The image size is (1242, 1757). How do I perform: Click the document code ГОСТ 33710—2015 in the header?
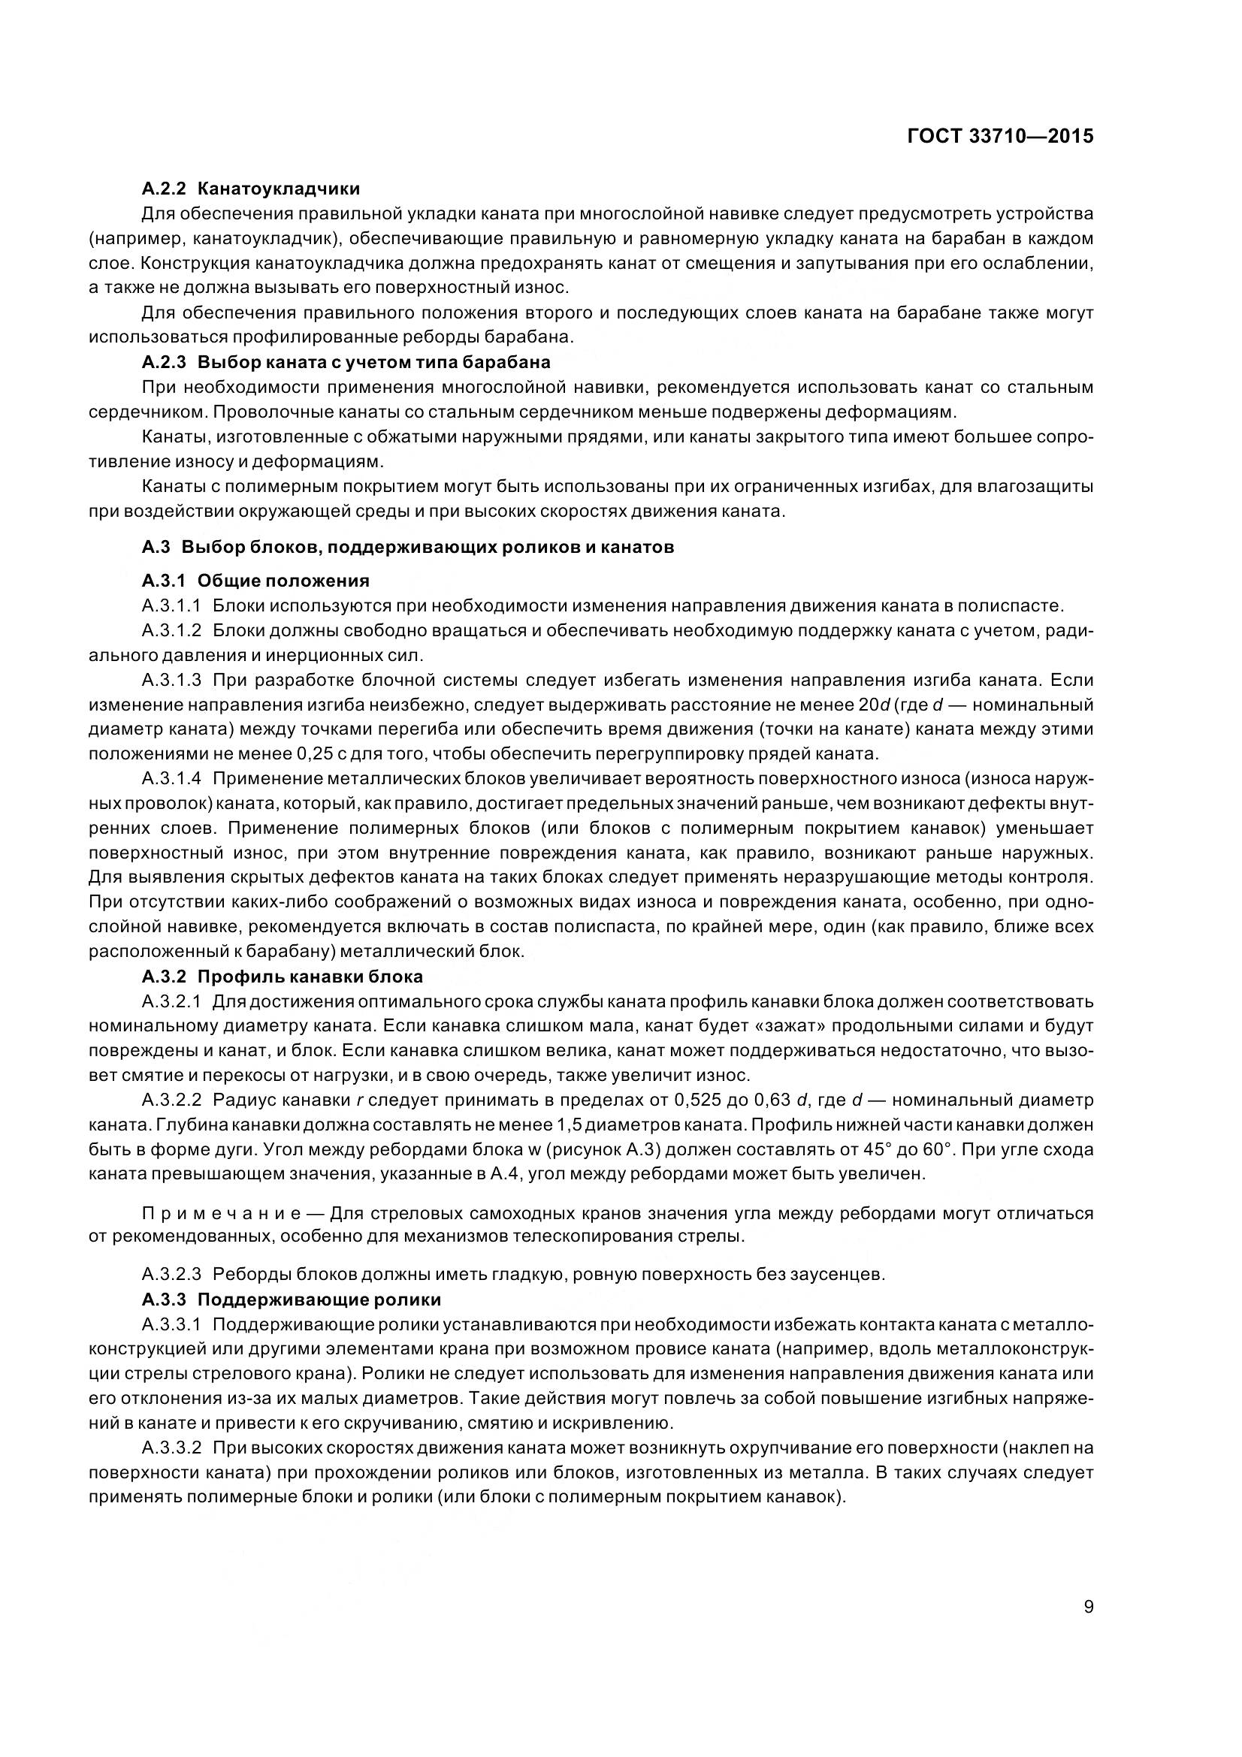[1000, 136]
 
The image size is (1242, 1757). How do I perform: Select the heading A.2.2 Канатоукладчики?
[251, 189]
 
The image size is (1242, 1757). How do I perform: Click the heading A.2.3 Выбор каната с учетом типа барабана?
[346, 361]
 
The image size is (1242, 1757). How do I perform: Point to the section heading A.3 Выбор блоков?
[408, 547]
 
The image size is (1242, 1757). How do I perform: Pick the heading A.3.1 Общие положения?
[255, 581]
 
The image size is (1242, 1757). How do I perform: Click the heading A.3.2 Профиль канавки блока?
[283, 977]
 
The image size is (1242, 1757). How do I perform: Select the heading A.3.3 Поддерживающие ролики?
[292, 1300]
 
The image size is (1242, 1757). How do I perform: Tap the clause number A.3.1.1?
[171, 606]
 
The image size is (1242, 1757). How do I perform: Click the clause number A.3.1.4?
[171, 779]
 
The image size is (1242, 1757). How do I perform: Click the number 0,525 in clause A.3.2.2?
[699, 1100]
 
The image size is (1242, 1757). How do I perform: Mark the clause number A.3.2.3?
[171, 1275]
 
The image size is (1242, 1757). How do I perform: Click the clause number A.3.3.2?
[171, 1448]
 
